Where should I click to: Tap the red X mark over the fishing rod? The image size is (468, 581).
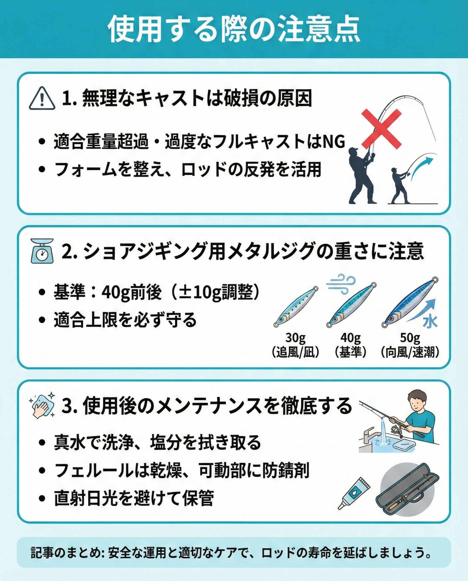pyautogui.click(x=381, y=129)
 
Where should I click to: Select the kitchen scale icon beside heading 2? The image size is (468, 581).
pyautogui.click(x=42, y=251)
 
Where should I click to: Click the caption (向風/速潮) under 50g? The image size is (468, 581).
pyautogui.click(x=410, y=352)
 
